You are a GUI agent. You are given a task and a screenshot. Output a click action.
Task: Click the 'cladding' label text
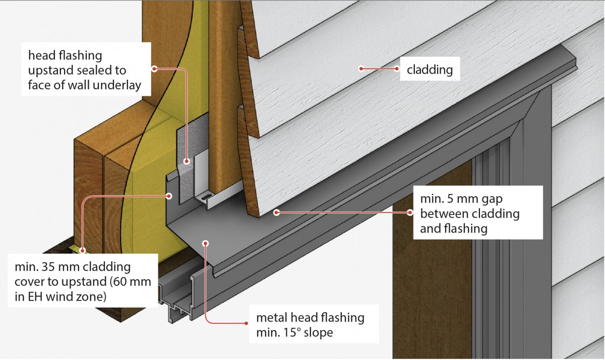tap(430, 70)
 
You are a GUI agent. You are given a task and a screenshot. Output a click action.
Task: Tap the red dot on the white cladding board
tap(361, 68)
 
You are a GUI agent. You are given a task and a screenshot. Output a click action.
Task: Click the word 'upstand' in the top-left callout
tap(46, 70)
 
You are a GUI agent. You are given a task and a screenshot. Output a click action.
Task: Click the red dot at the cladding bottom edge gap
tap(276, 213)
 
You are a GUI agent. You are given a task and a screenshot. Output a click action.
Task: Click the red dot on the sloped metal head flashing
tap(205, 243)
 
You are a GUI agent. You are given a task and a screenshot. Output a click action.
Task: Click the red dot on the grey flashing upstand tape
tap(186, 162)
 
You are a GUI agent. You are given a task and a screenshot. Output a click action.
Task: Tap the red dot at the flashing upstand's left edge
tap(169, 195)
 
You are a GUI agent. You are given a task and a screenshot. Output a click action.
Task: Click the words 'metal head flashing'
tap(310, 318)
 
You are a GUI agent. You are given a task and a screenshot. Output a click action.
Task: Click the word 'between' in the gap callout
tap(442, 214)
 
